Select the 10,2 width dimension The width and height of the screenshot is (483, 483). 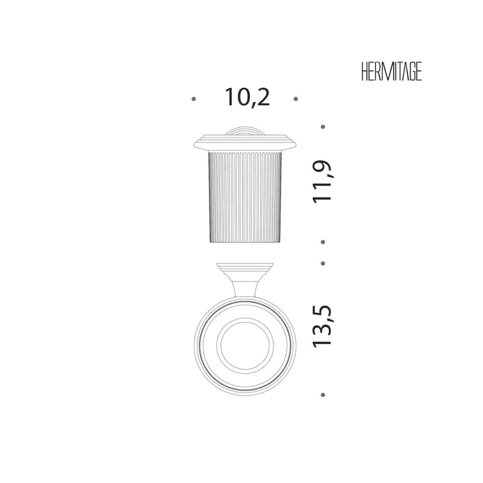pos(248,98)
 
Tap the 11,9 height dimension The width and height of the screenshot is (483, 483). pos(322,182)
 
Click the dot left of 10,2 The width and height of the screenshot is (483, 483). pos(194,99)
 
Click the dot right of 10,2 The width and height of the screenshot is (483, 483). pos(296,99)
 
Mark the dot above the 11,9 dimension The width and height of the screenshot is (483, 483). pos(323,127)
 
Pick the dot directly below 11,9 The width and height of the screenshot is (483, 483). pos(323,242)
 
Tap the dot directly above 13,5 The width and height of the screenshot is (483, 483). pos(323,263)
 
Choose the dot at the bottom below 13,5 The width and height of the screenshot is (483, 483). pos(323,395)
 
